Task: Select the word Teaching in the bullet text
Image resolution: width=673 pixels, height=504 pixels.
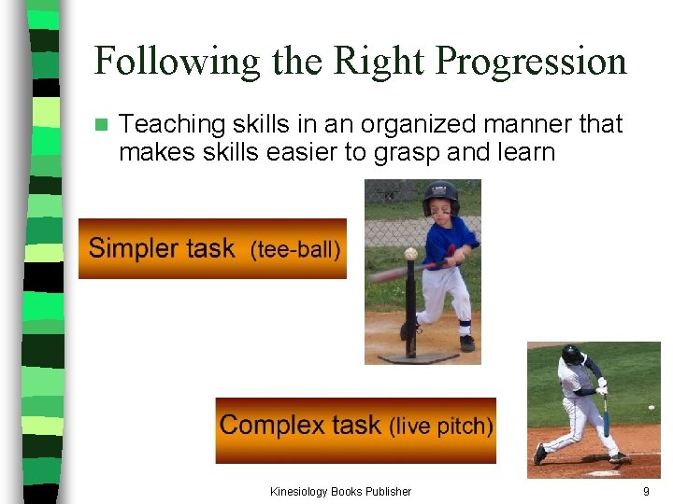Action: coord(175,125)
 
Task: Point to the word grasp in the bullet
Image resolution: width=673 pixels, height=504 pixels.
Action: coord(408,152)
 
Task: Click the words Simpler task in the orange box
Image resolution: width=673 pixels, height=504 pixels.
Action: coord(161,249)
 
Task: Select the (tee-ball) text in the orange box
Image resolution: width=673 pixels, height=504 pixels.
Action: coord(295,250)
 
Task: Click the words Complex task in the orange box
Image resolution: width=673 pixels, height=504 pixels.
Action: coord(299,426)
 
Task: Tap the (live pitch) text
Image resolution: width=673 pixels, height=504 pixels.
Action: coord(440,427)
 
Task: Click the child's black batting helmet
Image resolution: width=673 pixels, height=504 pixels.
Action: coord(440,196)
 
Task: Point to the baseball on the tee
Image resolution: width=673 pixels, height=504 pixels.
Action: coord(410,254)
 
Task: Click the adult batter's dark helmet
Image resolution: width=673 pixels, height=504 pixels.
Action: coord(571,354)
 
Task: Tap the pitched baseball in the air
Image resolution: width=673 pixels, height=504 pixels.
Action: coord(652,408)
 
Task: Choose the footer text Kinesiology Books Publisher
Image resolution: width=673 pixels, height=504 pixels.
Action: coord(340,491)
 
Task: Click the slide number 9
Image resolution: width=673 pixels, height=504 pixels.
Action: coord(646,491)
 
